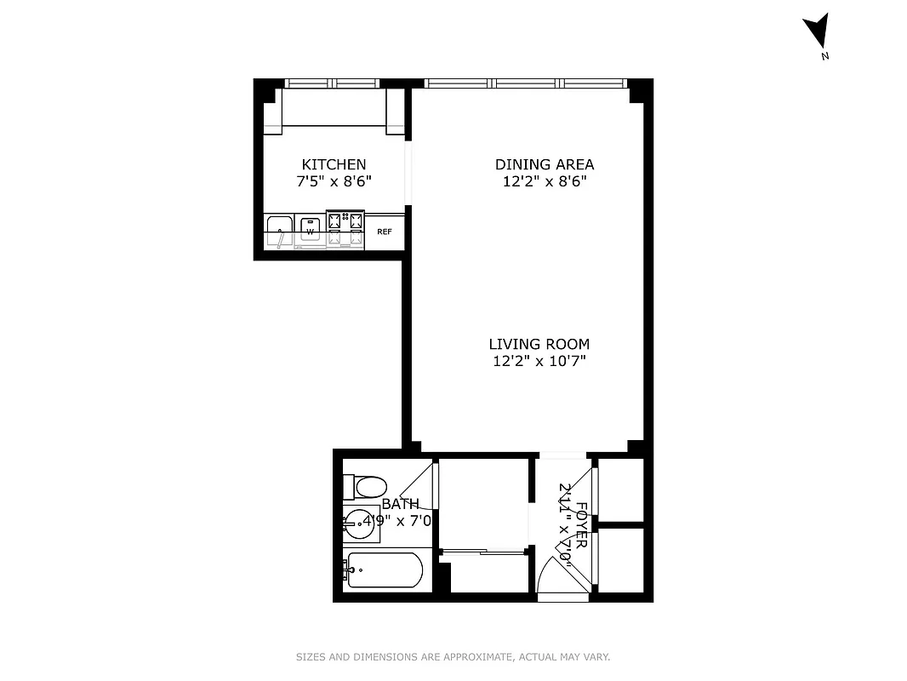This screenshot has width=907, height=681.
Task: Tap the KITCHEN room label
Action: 334,164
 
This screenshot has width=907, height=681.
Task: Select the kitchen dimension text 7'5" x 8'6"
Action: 334,181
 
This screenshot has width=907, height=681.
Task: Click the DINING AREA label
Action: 545,164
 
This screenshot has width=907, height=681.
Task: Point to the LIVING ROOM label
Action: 539,344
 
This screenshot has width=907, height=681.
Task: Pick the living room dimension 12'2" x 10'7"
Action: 539,361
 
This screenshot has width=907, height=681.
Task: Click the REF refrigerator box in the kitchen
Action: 385,232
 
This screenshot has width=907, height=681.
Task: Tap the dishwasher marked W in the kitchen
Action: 310,231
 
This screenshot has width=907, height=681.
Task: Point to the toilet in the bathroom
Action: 367,487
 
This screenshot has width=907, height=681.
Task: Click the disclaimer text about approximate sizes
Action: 453,657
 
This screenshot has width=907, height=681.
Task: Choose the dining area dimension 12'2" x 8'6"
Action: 545,181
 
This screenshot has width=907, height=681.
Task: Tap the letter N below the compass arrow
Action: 824,57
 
